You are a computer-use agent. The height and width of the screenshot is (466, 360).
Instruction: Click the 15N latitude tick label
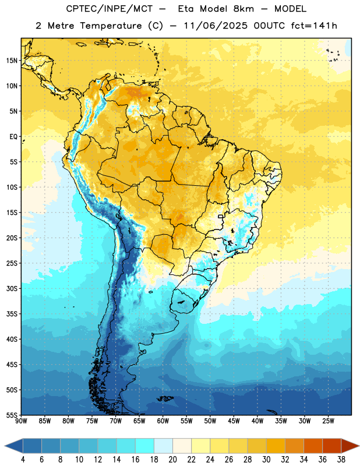pyautogui.click(x=11, y=61)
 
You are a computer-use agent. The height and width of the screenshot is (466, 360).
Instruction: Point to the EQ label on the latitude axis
pyautogui.click(x=13, y=137)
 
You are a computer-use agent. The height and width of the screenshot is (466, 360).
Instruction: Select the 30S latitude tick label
pyautogui.click(x=11, y=288)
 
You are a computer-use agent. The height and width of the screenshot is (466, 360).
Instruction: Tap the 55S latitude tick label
pyautogui.click(x=11, y=415)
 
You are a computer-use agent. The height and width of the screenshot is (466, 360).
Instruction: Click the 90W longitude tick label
pyautogui.click(x=21, y=421)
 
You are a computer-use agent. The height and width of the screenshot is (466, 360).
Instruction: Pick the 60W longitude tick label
pyautogui.click(x=163, y=421)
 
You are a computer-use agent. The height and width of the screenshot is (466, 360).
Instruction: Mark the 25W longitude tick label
pyautogui.click(x=328, y=421)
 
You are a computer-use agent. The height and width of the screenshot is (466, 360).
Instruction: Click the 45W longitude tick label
pyautogui.click(x=234, y=421)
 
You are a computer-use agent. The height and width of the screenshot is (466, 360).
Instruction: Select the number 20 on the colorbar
pyautogui.click(x=172, y=460)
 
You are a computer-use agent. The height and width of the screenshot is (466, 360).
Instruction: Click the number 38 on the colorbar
pyautogui.click(x=341, y=460)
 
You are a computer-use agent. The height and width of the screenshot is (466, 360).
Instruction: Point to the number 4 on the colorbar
pyautogui.click(x=23, y=460)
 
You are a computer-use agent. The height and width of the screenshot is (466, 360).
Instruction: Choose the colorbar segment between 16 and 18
pyautogui.click(x=144, y=446)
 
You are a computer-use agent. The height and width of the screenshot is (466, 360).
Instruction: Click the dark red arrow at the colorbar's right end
pyautogui.click(x=350, y=446)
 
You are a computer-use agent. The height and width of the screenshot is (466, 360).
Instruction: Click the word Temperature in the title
pyautogui.click(x=111, y=26)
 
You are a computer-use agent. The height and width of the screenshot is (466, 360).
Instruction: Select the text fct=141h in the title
pyautogui.click(x=314, y=26)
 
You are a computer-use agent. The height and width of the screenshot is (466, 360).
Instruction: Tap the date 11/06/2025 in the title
pyautogui.click(x=215, y=26)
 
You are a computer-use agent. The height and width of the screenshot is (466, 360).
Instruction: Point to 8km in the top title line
pyautogui.click(x=243, y=9)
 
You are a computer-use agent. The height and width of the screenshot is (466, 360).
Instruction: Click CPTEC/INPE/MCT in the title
pyautogui.click(x=109, y=9)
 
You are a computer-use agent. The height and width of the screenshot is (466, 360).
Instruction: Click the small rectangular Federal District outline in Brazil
pyautogui.click(x=221, y=217)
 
